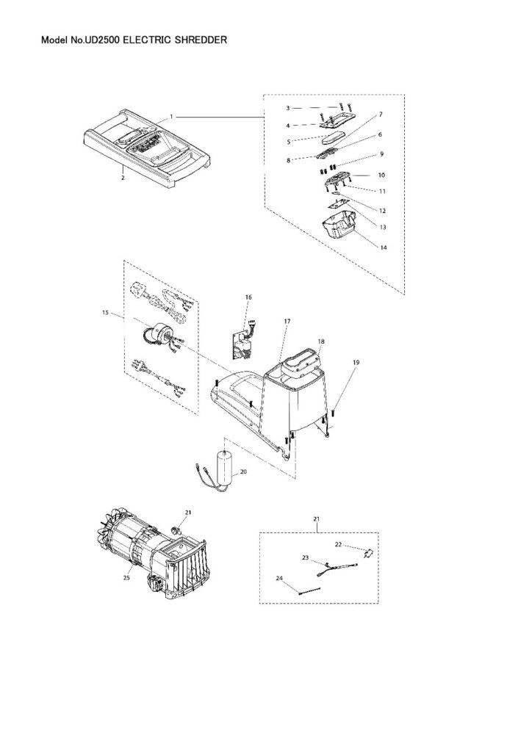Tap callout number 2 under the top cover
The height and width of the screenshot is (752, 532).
pyautogui.click(x=123, y=177)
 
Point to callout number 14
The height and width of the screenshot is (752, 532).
pyautogui.click(x=383, y=248)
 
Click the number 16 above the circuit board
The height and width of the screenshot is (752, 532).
pyautogui.click(x=248, y=297)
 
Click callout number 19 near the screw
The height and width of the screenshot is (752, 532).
pyautogui.click(x=356, y=363)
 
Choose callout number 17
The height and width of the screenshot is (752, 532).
pyautogui.click(x=287, y=322)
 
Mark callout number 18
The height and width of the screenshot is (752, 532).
pyautogui.click(x=321, y=341)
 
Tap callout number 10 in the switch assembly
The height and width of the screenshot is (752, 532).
pyautogui.click(x=382, y=176)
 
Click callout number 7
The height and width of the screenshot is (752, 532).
pyautogui.click(x=381, y=115)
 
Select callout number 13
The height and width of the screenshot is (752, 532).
pyautogui.click(x=382, y=228)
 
